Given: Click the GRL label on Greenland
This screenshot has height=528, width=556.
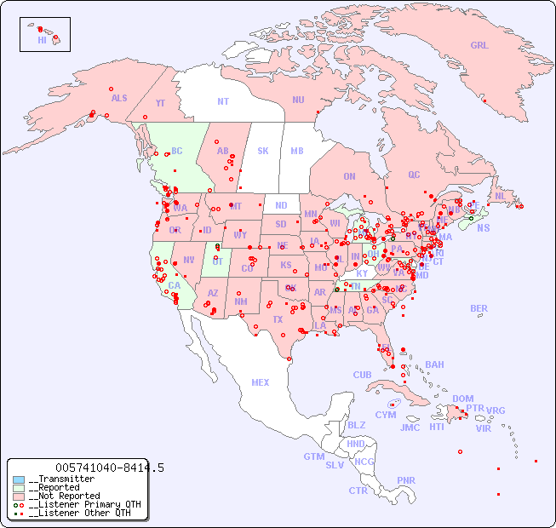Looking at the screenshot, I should click(479, 46).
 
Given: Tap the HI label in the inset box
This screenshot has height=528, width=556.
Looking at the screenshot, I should click(42, 40).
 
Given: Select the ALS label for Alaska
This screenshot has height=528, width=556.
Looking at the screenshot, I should click(119, 98).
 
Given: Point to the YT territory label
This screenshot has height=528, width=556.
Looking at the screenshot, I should click(160, 103).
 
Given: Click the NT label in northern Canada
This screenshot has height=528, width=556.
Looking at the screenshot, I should click(222, 101).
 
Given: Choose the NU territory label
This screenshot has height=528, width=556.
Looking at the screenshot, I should click(298, 100).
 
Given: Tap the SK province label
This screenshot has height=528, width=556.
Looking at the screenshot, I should click(263, 151).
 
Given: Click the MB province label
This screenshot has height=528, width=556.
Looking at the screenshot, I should click(296, 151).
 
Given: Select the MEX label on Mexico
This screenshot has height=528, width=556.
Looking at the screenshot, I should click(261, 382).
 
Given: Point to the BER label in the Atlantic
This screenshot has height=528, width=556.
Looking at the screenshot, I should click(479, 308).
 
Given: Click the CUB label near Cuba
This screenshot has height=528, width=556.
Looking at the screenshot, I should click(363, 375).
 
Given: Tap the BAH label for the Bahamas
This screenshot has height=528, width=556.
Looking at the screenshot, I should click(434, 364).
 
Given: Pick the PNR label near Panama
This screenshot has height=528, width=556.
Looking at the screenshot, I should click(406, 480).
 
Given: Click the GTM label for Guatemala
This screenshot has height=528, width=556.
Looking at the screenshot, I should click(313, 456).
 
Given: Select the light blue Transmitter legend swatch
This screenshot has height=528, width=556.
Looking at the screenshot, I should click(19, 479).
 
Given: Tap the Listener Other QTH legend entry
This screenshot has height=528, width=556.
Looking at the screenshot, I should click(79, 513).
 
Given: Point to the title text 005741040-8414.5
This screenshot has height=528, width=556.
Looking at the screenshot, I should click(110, 468).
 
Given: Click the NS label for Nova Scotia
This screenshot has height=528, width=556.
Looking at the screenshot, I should click(483, 227).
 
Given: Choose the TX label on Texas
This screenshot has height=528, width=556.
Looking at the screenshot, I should click(278, 319).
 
